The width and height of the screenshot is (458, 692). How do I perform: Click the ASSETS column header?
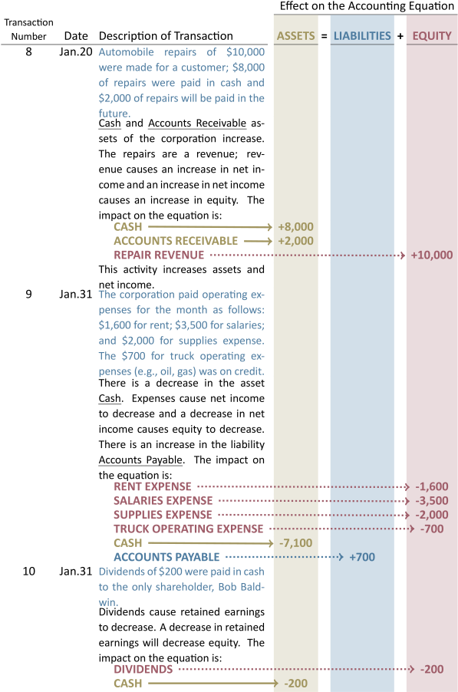[x=295, y=36]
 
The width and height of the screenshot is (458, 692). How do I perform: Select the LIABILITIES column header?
[x=362, y=36]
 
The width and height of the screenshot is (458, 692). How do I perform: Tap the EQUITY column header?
[x=432, y=36]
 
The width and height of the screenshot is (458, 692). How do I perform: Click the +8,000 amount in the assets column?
[x=295, y=227]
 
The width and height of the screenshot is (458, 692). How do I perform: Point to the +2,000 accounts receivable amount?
[x=295, y=241]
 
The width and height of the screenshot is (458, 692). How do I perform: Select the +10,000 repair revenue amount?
[x=431, y=255]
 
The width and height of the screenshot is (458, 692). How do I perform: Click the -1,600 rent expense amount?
[x=431, y=486]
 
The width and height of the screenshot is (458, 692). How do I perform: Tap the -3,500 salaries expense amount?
[x=431, y=500]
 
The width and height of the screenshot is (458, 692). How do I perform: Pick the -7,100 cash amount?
[x=295, y=543]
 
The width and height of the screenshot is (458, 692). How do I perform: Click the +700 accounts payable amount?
[x=362, y=557]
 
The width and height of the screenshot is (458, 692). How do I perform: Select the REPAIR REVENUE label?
[x=159, y=255]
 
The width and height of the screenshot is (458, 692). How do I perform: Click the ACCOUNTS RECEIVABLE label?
[x=176, y=241]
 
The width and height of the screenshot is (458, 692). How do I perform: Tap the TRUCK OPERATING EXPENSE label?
[x=189, y=529]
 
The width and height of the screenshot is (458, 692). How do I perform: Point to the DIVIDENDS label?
[x=143, y=669]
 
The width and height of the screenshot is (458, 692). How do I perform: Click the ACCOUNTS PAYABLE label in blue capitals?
[x=166, y=557]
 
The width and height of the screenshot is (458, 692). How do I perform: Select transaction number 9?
[x=28, y=294]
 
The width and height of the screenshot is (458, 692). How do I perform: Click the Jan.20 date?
[x=76, y=52]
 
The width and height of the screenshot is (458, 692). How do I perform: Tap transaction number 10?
[x=28, y=571]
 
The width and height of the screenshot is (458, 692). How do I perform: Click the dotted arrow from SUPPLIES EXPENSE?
[x=314, y=515]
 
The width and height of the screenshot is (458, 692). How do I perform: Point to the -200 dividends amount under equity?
[x=432, y=669]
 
